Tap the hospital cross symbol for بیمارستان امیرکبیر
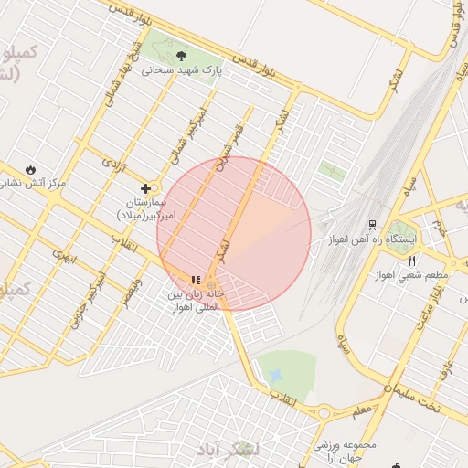coord(144,188)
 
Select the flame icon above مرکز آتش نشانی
coord(32,169)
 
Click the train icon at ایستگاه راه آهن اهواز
coord(372,224)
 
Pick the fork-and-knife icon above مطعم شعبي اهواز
coord(412,261)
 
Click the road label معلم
coord(362,409)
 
